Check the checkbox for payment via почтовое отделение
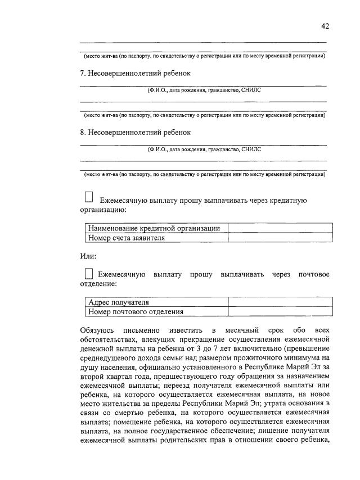tap(88, 274)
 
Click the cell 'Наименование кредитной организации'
tap(156, 228)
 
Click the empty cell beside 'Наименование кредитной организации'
tap(277, 228)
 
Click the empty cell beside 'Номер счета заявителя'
tap(277, 238)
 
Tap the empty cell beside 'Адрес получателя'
tap(277, 302)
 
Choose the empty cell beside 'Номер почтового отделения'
tap(277, 312)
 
